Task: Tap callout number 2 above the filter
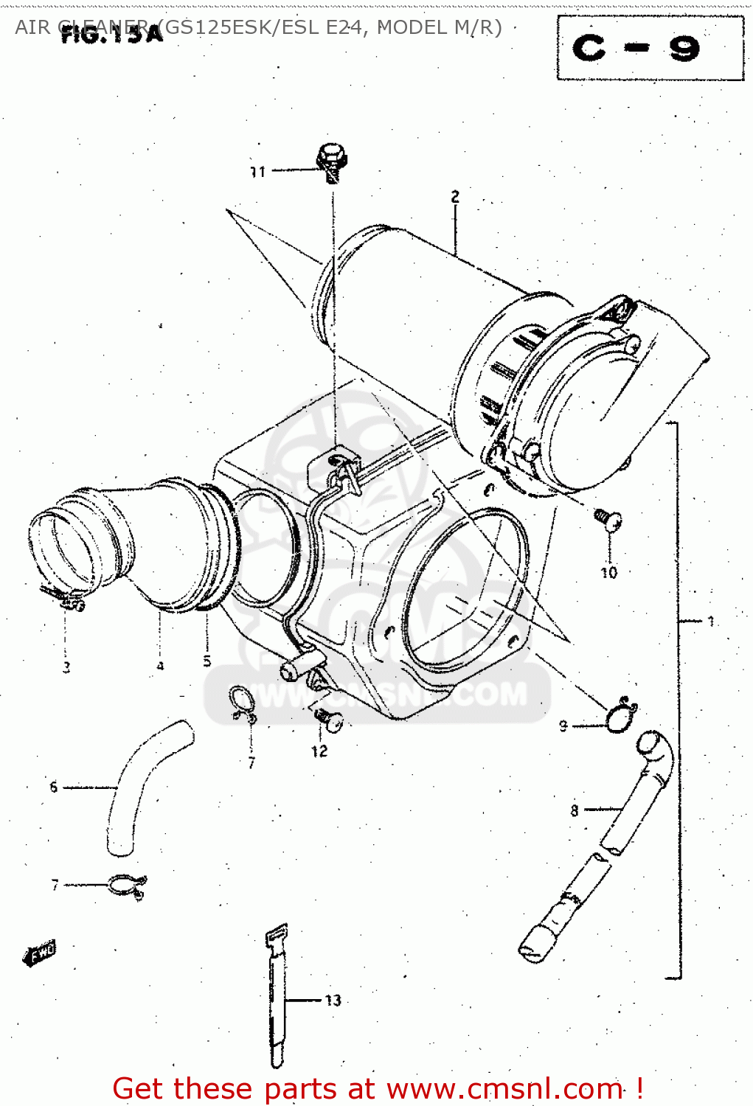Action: click(x=455, y=196)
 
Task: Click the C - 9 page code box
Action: click(x=650, y=48)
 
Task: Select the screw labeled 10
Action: click(x=608, y=519)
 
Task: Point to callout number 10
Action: click(x=608, y=572)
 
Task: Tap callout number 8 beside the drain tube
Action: click(x=575, y=810)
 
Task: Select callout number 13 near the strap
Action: click(x=333, y=1000)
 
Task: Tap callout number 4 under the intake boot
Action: click(x=160, y=666)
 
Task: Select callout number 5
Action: click(x=207, y=661)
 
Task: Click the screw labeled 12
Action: click(x=328, y=719)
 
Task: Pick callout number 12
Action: click(x=319, y=751)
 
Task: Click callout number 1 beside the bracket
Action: click(x=711, y=621)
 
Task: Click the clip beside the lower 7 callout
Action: click(x=128, y=886)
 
